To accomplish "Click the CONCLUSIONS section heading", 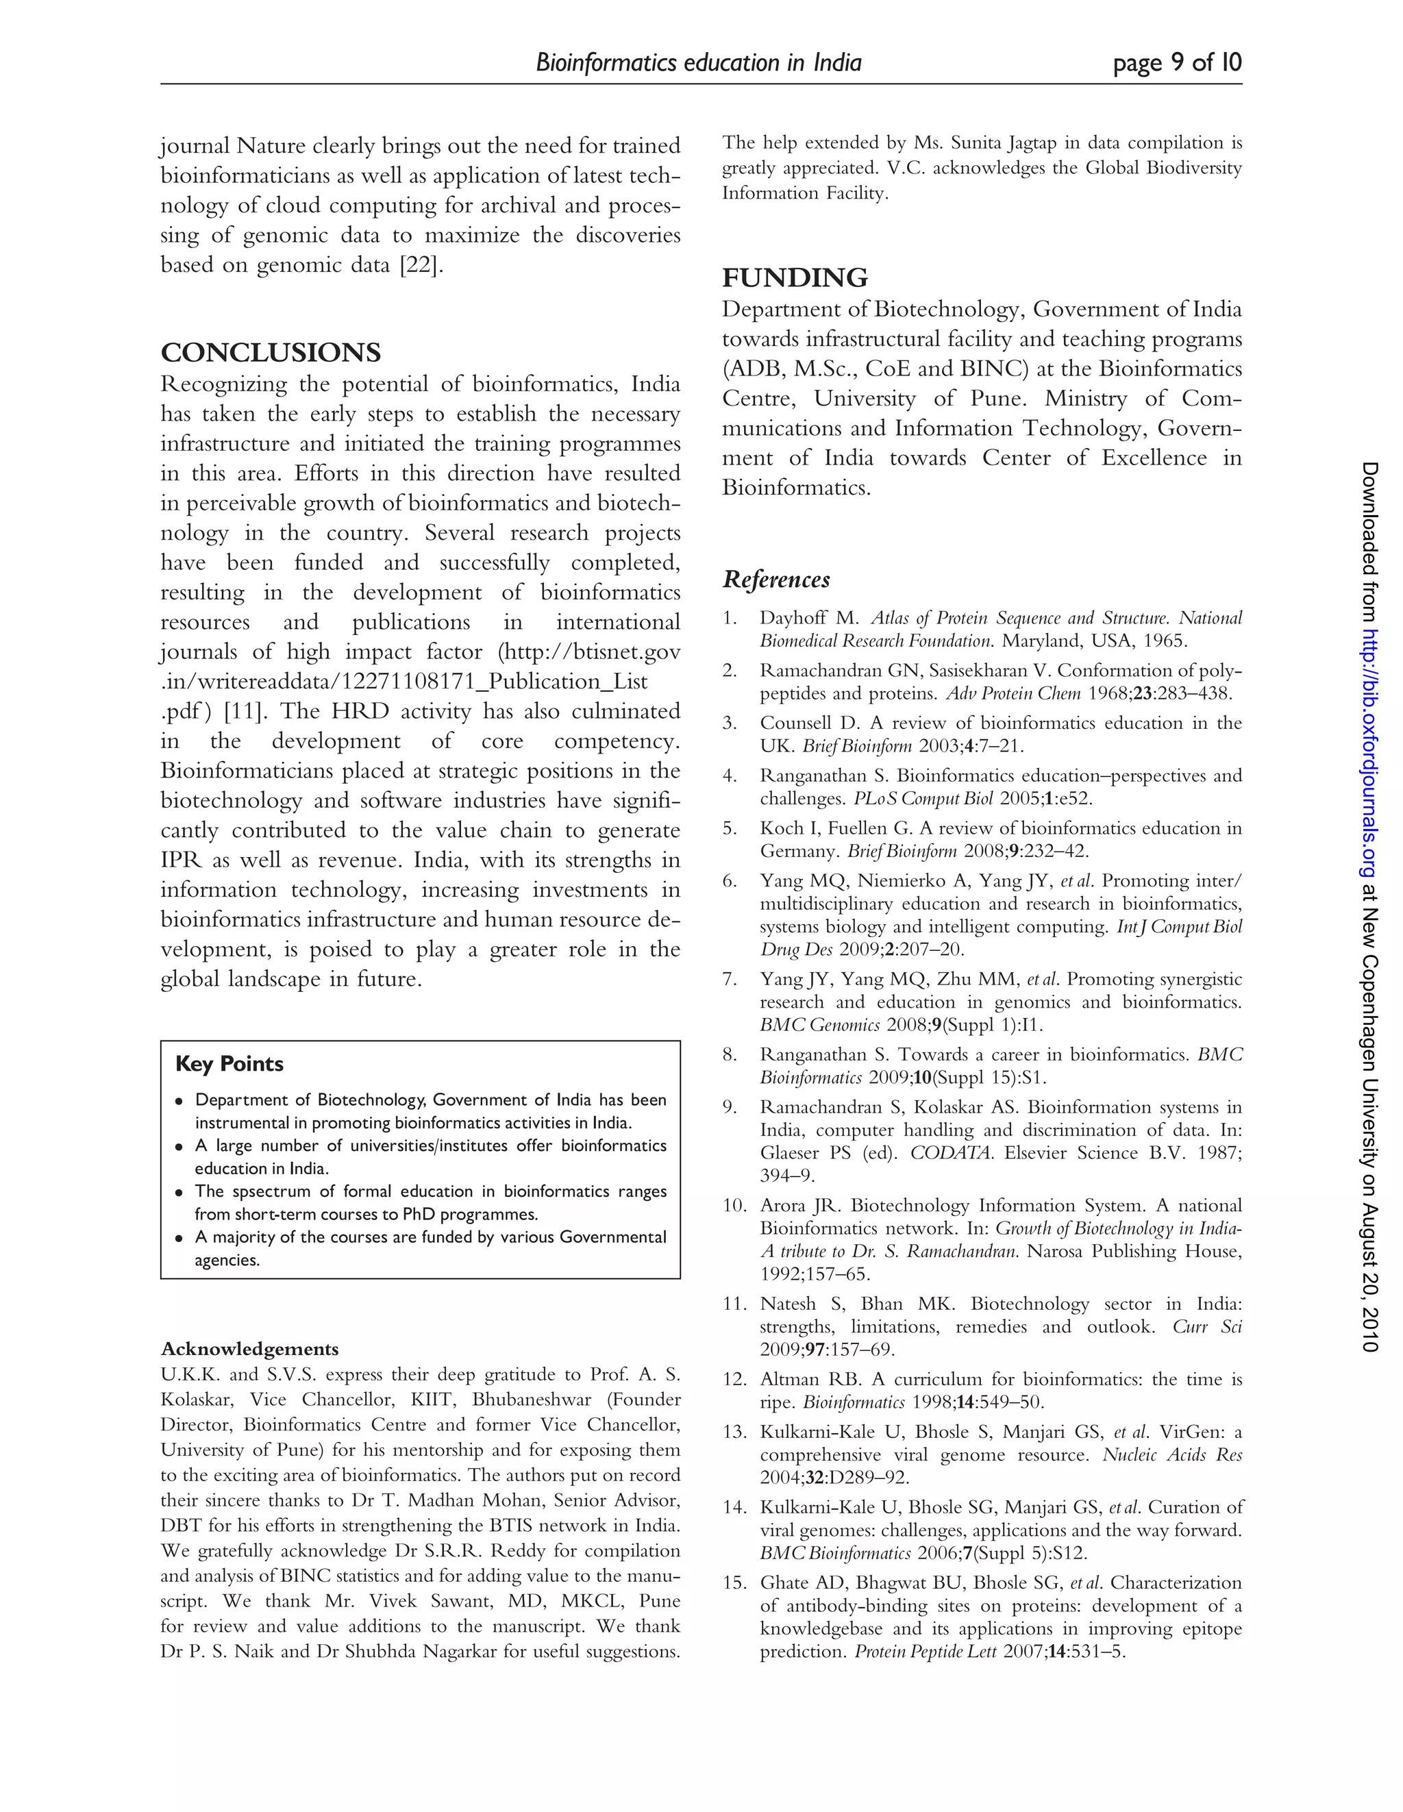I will tap(271, 353).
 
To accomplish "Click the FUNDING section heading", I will tap(795, 278).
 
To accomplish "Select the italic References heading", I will tap(775, 579).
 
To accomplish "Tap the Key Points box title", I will tap(229, 1064).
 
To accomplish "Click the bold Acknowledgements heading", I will tap(250, 1348).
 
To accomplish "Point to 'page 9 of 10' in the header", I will tap(1178, 63).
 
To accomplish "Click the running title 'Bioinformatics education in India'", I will tap(699, 63).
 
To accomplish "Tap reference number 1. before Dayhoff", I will tap(730, 618).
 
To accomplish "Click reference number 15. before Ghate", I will tap(734, 1583).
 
